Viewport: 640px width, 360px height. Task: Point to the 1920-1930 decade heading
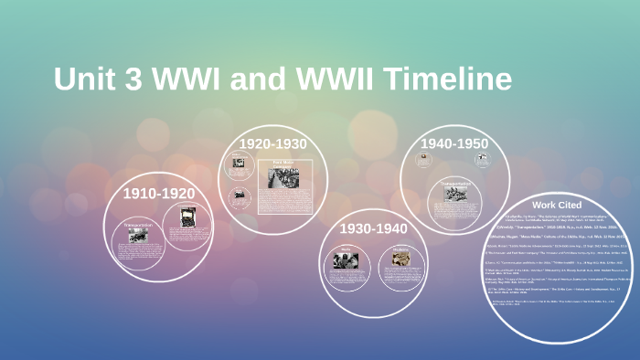tap(272, 143)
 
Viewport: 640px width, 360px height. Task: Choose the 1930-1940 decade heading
tap(373, 228)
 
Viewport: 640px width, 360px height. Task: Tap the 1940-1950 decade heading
tap(454, 143)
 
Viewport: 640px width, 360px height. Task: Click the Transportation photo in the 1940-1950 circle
tap(455, 194)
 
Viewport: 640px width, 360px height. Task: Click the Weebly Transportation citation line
tap(560, 227)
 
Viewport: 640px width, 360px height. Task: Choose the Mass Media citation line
tap(560, 236)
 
